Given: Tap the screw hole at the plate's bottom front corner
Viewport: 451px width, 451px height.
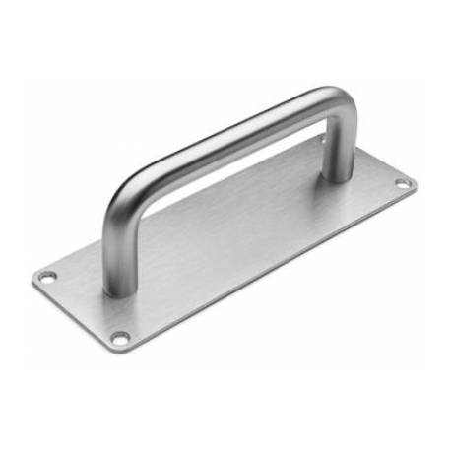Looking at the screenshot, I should tap(120, 339).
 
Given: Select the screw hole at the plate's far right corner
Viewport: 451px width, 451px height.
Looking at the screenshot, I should tap(402, 184).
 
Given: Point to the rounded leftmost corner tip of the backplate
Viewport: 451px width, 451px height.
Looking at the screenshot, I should tap(35, 279).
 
